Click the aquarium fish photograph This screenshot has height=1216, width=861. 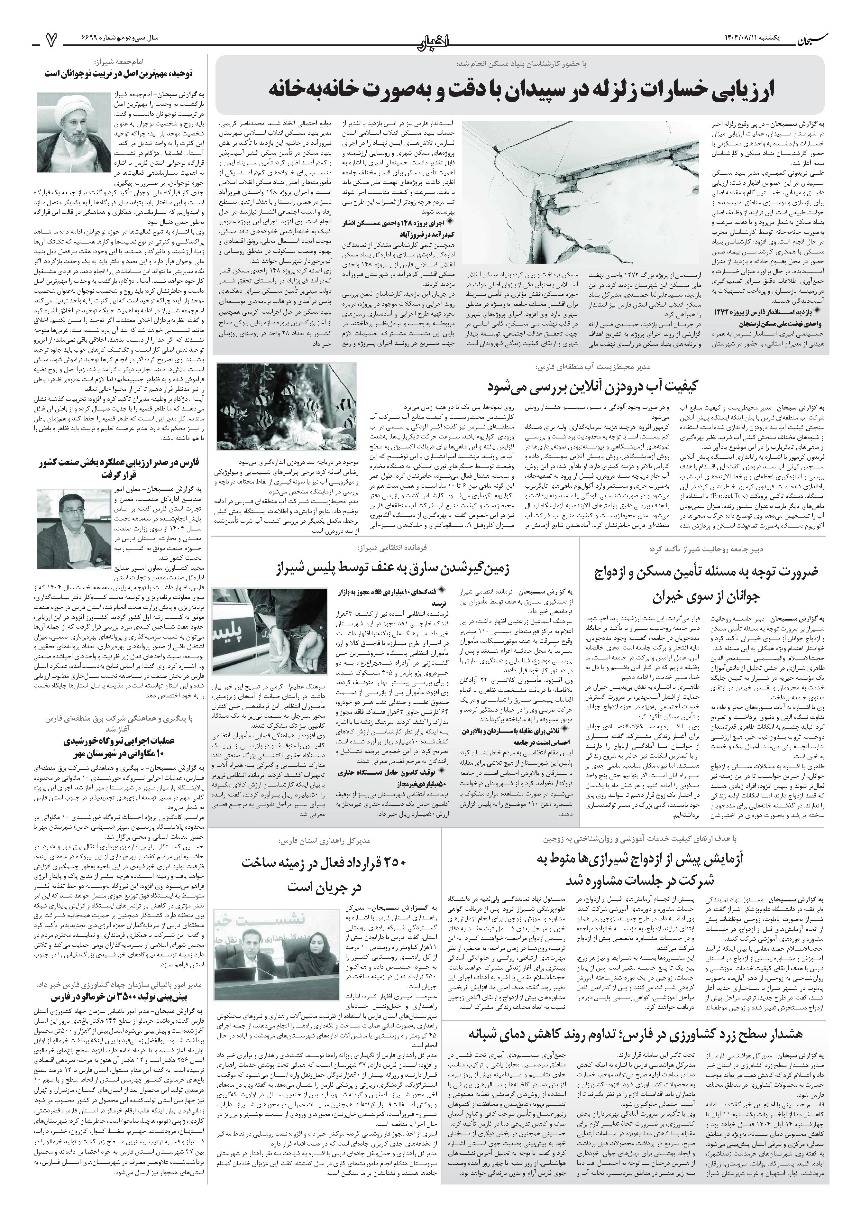286,406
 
